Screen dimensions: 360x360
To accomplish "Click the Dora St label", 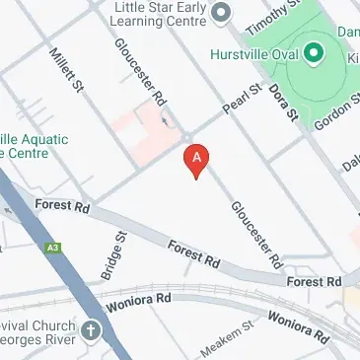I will pos(288,102).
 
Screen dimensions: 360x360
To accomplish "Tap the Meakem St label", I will pos(228,341).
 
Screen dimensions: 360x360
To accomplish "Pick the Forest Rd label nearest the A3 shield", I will pos(61,208).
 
